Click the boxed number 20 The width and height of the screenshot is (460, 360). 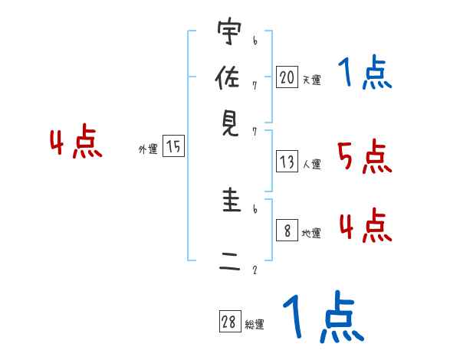[x=287, y=77]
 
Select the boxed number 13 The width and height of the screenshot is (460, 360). [x=287, y=162]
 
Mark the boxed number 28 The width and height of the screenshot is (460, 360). [x=229, y=322]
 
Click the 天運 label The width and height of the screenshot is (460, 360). [x=311, y=80]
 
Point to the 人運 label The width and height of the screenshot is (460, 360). [x=311, y=164]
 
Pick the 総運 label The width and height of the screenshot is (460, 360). [x=254, y=325]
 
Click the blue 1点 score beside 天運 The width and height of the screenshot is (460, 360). [x=365, y=74]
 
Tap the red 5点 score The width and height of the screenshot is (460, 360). [x=365, y=158]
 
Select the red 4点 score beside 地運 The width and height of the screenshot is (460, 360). [x=365, y=227]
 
